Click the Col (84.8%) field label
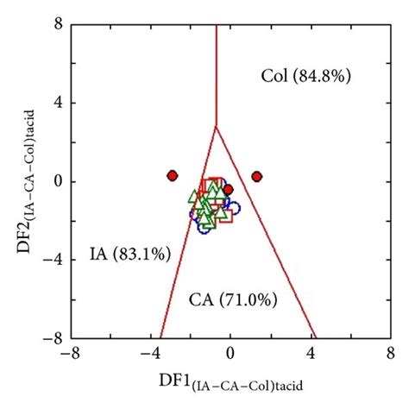tap(305, 77)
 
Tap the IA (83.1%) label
tap(130, 254)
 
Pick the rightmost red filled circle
tap(256, 177)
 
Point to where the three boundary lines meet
tap(216, 127)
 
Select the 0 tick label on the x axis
tap(230, 353)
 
